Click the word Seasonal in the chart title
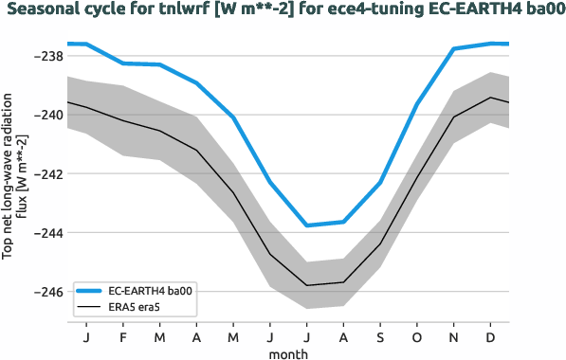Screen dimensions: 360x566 [47, 11]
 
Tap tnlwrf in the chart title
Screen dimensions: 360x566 [183, 11]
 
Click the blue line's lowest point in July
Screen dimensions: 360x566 [306, 225]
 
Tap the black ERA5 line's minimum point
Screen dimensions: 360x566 [306, 285]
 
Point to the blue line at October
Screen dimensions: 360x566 [417, 103]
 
